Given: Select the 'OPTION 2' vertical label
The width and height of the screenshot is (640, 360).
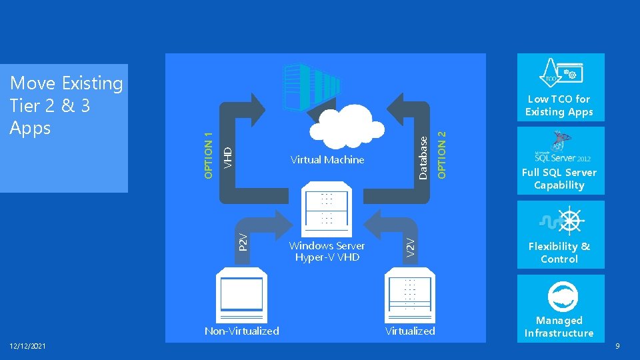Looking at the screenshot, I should coord(441,153).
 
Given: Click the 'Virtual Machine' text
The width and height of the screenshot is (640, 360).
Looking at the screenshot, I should coord(327,160).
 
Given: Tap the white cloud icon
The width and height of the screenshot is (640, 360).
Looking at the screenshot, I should coord(348,128).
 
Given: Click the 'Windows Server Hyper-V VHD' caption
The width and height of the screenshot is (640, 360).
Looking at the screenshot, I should coord(327,251).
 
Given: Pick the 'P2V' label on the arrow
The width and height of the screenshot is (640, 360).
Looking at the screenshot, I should coord(243,241).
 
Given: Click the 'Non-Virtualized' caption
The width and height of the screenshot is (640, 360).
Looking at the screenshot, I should coord(242,331).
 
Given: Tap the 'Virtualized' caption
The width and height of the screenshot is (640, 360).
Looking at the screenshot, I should coord(410,331).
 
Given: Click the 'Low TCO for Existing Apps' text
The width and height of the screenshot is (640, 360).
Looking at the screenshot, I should coord(559,105).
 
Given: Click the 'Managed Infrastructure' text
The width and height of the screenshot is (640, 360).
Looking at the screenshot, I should coord(559,327).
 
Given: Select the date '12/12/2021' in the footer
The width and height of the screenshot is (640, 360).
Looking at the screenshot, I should coord(27,345).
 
